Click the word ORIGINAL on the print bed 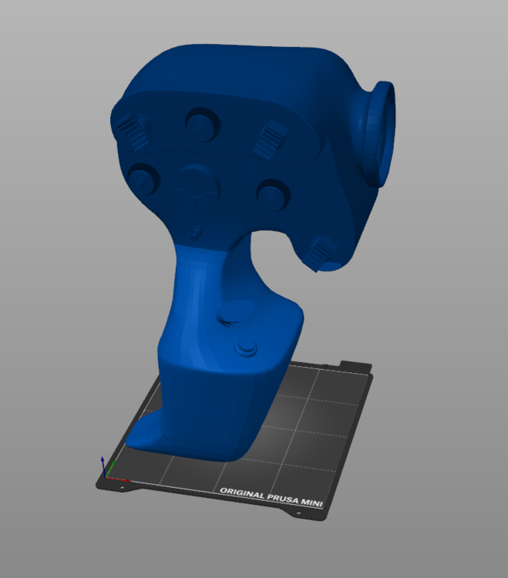point(242,493)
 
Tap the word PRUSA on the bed point(283,499)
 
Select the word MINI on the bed point(312,502)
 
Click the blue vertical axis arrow point(103,466)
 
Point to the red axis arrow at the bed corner point(118,479)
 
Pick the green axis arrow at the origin point(110,469)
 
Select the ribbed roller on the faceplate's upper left point(132,130)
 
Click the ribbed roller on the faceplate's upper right point(270,139)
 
